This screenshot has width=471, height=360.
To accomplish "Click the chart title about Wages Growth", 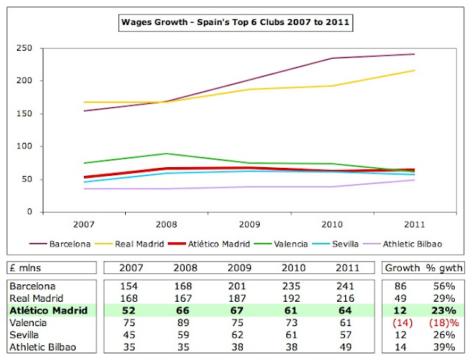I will click(x=236, y=23).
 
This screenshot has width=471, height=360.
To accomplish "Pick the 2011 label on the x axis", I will click(x=415, y=223).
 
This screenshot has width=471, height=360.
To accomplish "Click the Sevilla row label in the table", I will click(x=25, y=336).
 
